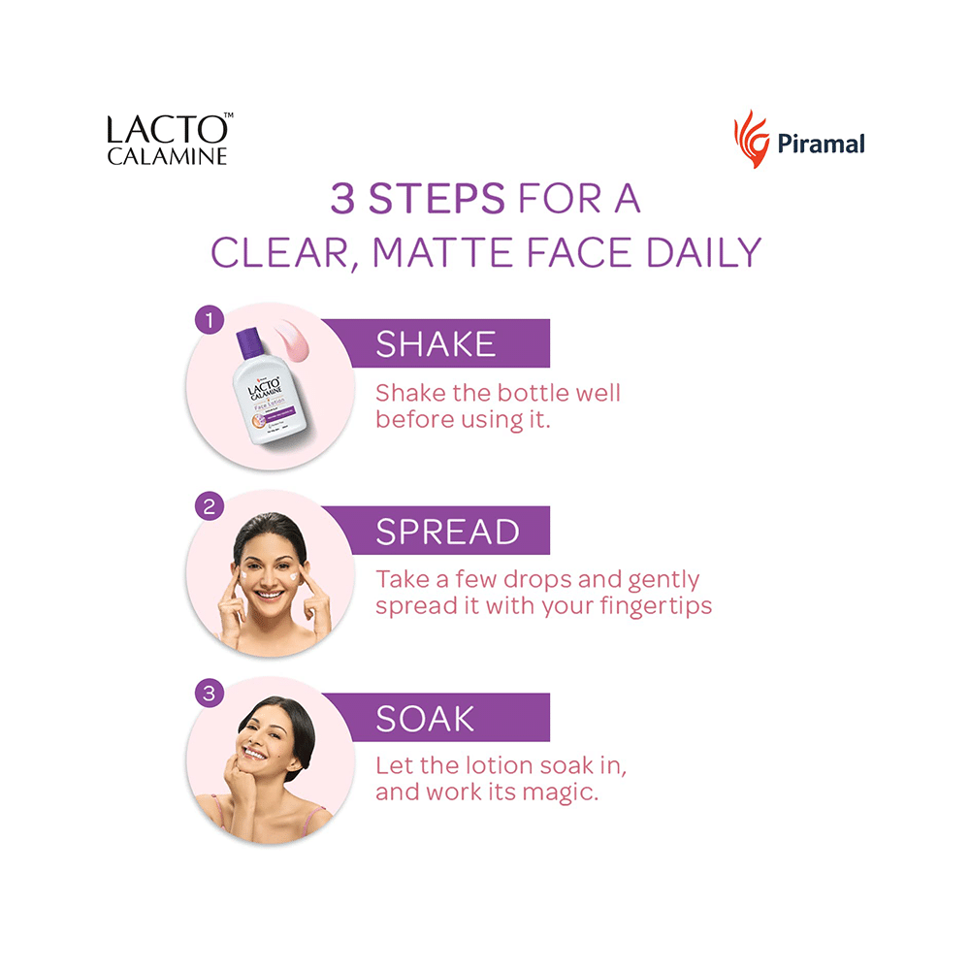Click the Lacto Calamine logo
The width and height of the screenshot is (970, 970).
[x=169, y=140]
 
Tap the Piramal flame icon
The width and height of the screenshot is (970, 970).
[x=751, y=139]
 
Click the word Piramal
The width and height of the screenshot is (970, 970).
[x=821, y=145]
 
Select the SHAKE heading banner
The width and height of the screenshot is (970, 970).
[x=436, y=344]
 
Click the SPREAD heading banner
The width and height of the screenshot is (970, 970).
[x=436, y=532]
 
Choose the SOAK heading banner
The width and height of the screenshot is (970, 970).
[x=436, y=719]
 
